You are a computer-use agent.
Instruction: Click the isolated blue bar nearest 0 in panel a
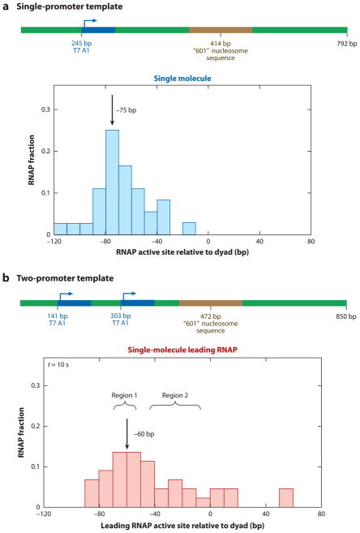coord(189,228)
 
